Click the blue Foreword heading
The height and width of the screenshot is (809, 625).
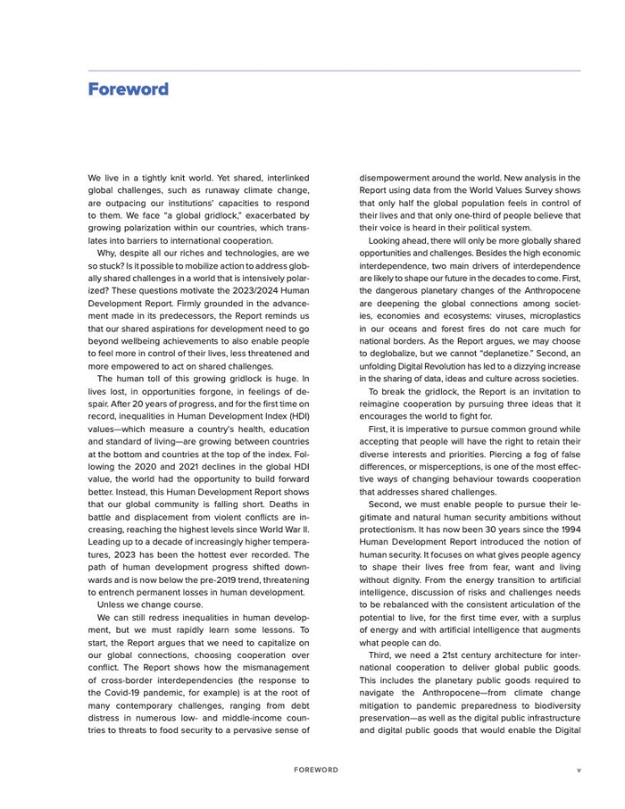128,90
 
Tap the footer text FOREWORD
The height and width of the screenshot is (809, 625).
316,769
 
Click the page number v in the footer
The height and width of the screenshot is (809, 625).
579,769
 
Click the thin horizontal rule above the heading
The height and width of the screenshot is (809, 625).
334,71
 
